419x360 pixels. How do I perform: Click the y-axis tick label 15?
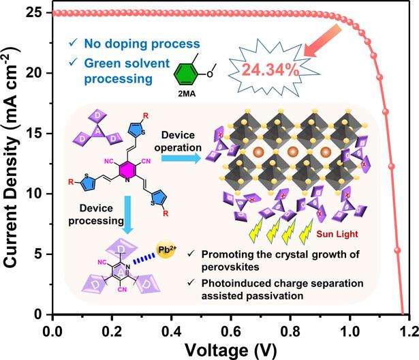[36, 133]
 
